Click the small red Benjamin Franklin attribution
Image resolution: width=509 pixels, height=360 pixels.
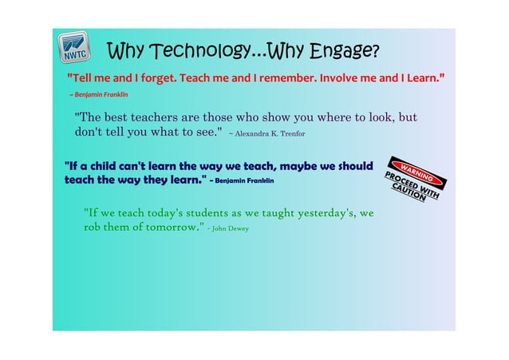click(99, 95)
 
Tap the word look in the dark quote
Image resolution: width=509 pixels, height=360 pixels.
click(365, 117)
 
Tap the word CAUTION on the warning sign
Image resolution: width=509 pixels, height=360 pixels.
click(409, 192)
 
